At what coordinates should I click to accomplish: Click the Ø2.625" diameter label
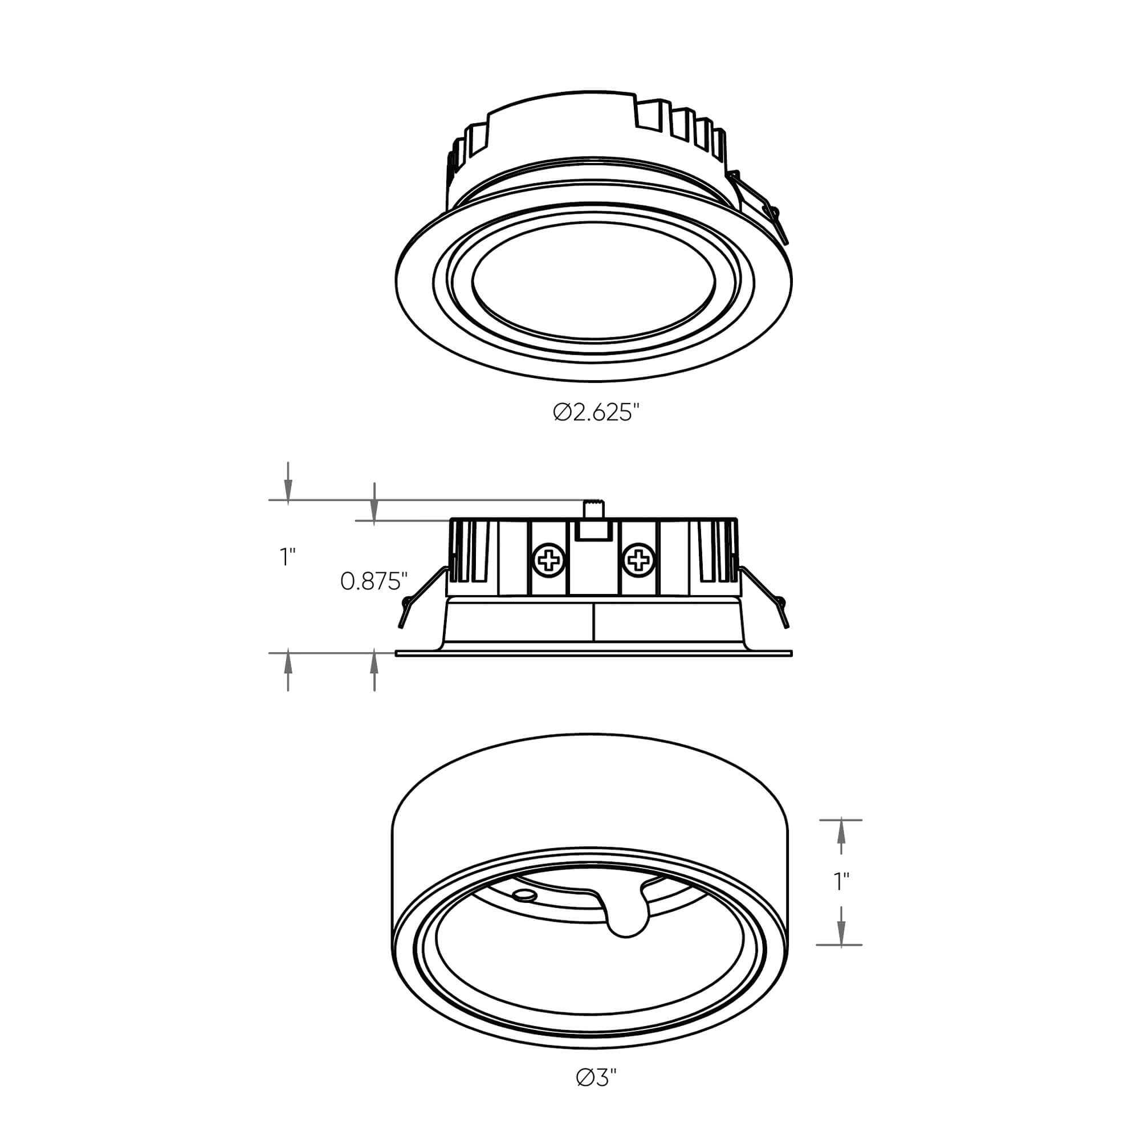pos(596,413)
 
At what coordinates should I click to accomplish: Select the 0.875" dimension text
pos(374,582)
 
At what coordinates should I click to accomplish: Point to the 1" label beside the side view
pos(287,556)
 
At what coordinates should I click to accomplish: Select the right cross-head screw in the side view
pos(638,559)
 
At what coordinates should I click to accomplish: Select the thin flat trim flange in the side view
pos(593,654)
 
